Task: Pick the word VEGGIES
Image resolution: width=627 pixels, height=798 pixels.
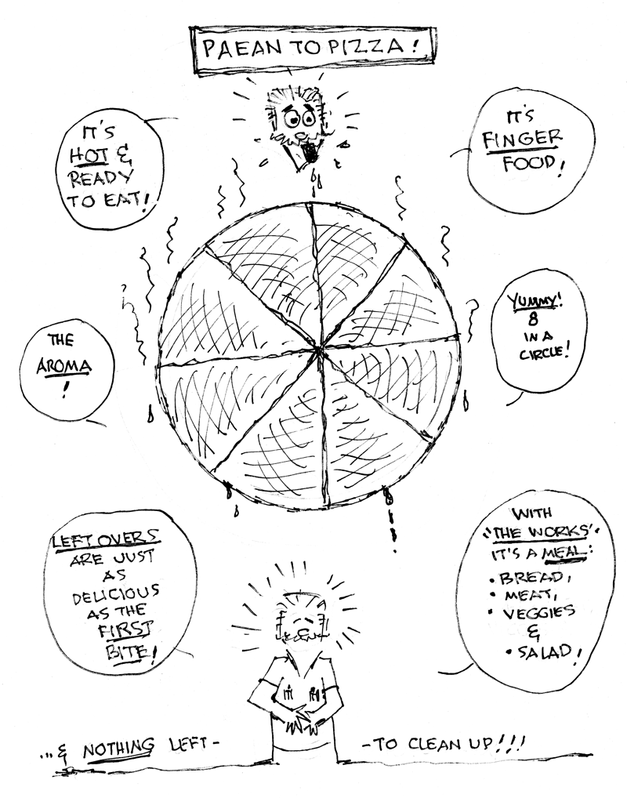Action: click(x=538, y=612)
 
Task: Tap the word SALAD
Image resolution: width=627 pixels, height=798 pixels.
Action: click(x=547, y=651)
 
